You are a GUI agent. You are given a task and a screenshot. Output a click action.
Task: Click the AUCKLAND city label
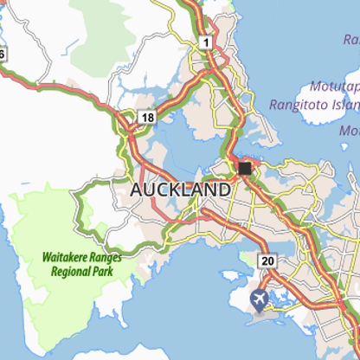click(x=180, y=189)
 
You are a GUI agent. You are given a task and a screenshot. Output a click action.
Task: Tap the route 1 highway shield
click(x=205, y=42)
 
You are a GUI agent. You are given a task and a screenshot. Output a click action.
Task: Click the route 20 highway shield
click(x=267, y=260)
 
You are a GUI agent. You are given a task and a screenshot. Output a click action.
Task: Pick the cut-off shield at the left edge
click(x=2, y=54)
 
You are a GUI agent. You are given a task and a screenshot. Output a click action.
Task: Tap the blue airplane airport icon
click(x=259, y=299)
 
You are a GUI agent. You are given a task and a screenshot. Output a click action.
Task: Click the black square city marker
click(x=245, y=168)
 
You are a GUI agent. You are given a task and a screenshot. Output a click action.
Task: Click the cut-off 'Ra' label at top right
click(x=350, y=40)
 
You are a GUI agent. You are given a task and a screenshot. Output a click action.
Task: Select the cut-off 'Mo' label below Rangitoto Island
click(x=350, y=131)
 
